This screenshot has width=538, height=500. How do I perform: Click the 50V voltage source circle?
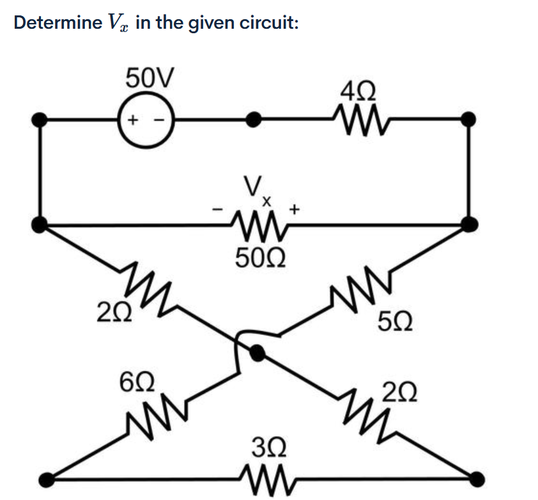(x=147, y=120)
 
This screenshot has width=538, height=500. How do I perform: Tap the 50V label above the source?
(x=148, y=79)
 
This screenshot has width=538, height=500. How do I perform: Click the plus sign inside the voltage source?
(x=134, y=120)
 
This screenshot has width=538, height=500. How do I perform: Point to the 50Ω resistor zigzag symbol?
(x=259, y=225)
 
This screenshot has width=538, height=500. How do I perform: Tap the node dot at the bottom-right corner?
(x=475, y=477)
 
